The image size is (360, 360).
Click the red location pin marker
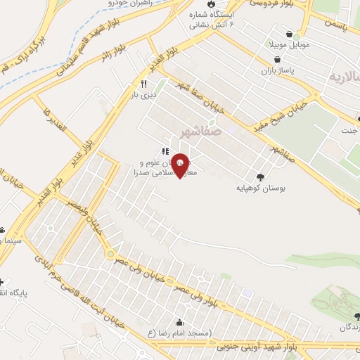181,165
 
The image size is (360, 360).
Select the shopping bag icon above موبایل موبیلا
290,33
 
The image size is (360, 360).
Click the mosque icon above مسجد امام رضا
179,323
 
